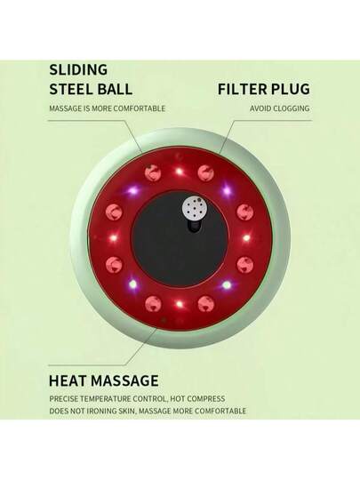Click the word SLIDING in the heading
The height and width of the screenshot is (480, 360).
pyautogui.click(x=78, y=70)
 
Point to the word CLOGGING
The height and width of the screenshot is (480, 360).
pyautogui.click(x=292, y=108)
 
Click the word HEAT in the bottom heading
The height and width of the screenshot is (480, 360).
pyautogui.click(x=68, y=380)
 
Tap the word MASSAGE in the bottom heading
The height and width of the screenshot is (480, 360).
pyautogui.click(x=124, y=380)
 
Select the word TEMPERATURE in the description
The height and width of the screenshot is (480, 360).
pyautogui.click(x=105, y=399)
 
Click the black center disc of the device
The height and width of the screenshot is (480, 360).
pyautogui.click(x=180, y=238)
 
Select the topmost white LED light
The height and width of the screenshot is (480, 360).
pyautogui.click(x=180, y=172)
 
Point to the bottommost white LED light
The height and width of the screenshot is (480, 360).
pyautogui.click(x=180, y=304)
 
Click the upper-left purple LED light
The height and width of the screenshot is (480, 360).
pyautogui.click(x=132, y=191)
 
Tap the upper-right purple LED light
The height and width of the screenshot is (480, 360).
pyautogui.click(x=227, y=190)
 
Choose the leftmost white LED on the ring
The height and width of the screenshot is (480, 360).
pyautogui.click(x=114, y=237)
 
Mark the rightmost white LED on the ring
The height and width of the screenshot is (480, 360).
pyautogui.click(x=246, y=237)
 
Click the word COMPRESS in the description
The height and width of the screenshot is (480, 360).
pyautogui.click(x=205, y=399)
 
